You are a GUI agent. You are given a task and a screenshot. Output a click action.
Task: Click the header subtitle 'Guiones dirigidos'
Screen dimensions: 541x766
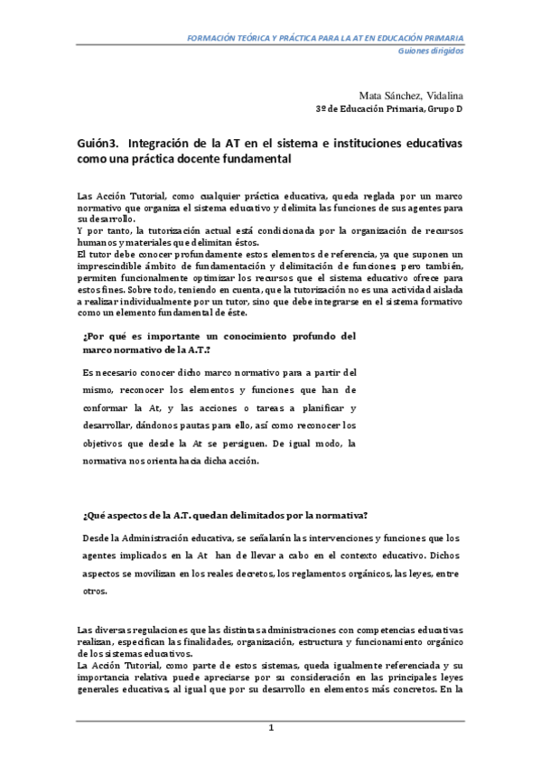[431, 51]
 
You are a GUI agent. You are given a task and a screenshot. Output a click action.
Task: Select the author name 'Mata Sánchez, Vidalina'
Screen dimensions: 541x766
[411, 94]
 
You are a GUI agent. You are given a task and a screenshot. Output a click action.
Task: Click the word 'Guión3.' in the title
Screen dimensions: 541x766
[98, 145]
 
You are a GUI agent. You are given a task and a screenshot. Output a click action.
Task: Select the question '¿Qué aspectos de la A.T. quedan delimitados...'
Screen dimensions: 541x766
[225, 515]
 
